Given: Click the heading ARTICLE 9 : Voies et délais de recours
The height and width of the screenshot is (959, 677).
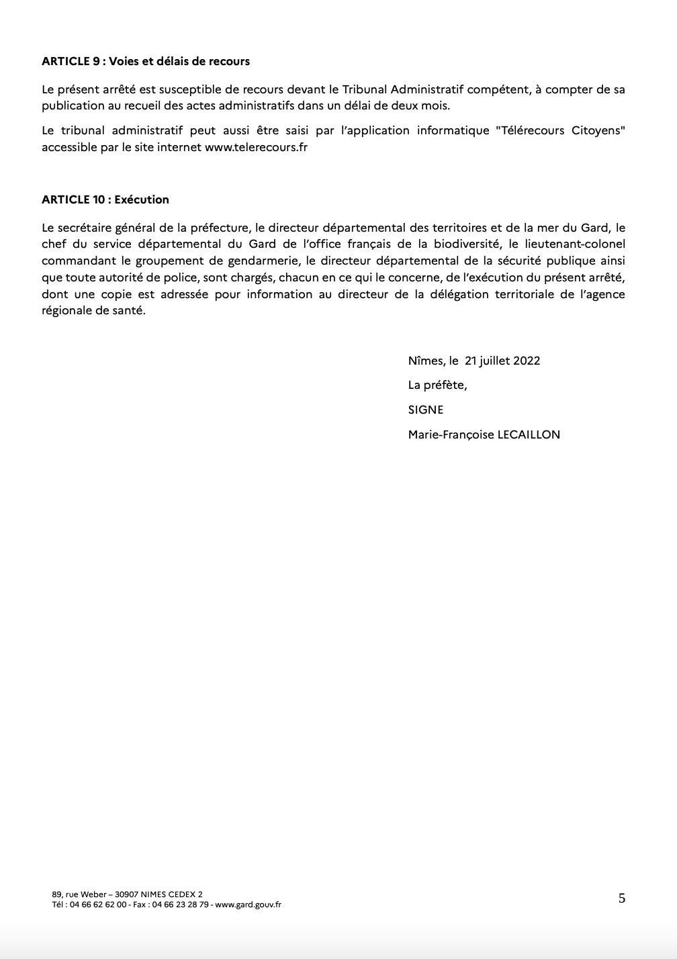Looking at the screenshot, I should (146, 61).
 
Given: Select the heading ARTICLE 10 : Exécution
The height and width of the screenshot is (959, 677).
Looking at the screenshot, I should (105, 199).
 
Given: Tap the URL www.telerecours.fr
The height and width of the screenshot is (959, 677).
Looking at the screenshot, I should (256, 147).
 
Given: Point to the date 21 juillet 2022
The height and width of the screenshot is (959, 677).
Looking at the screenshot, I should (502, 361).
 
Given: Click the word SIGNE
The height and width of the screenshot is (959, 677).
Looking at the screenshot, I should (426, 410).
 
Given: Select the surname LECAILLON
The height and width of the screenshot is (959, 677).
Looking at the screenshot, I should (529, 435).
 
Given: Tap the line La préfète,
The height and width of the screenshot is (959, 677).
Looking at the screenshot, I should (437, 385).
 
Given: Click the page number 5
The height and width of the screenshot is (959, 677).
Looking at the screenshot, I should (622, 898).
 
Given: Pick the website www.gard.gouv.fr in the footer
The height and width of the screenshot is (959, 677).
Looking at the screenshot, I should (249, 905).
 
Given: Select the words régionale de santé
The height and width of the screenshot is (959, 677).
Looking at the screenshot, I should (93, 311).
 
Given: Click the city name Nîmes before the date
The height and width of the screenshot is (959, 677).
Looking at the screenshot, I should (426, 361).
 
